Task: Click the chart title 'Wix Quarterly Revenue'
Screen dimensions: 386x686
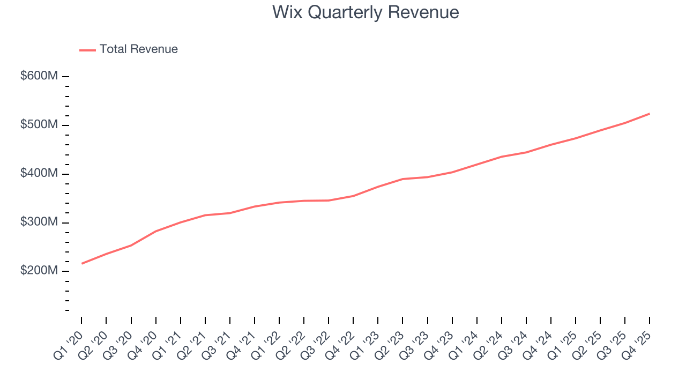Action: pyautogui.click(x=366, y=12)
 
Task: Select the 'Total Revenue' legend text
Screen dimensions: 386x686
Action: pyautogui.click(x=138, y=49)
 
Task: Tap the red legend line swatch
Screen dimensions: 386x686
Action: pyautogui.click(x=87, y=50)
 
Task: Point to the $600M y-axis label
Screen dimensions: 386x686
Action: pyautogui.click(x=39, y=76)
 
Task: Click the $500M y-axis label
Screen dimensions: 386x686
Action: pyautogui.click(x=39, y=125)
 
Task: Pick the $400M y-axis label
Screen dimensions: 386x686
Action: pyautogui.click(x=39, y=174)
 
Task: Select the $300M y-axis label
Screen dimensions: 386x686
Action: pyautogui.click(x=39, y=222)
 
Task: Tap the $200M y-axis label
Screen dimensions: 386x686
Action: pyautogui.click(x=39, y=271)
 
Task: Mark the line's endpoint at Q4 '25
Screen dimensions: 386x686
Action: pyautogui.click(x=650, y=114)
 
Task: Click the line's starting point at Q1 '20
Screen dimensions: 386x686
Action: pyautogui.click(x=81, y=263)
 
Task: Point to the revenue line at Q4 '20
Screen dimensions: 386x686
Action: pyautogui.click(x=155, y=231)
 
